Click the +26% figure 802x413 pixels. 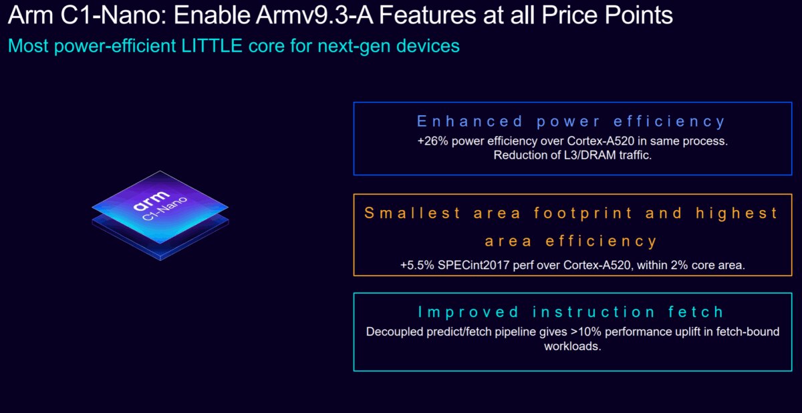tap(430, 141)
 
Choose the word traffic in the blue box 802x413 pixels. tap(630, 155)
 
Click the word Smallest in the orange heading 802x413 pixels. tap(412, 214)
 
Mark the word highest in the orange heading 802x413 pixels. tap(737, 214)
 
